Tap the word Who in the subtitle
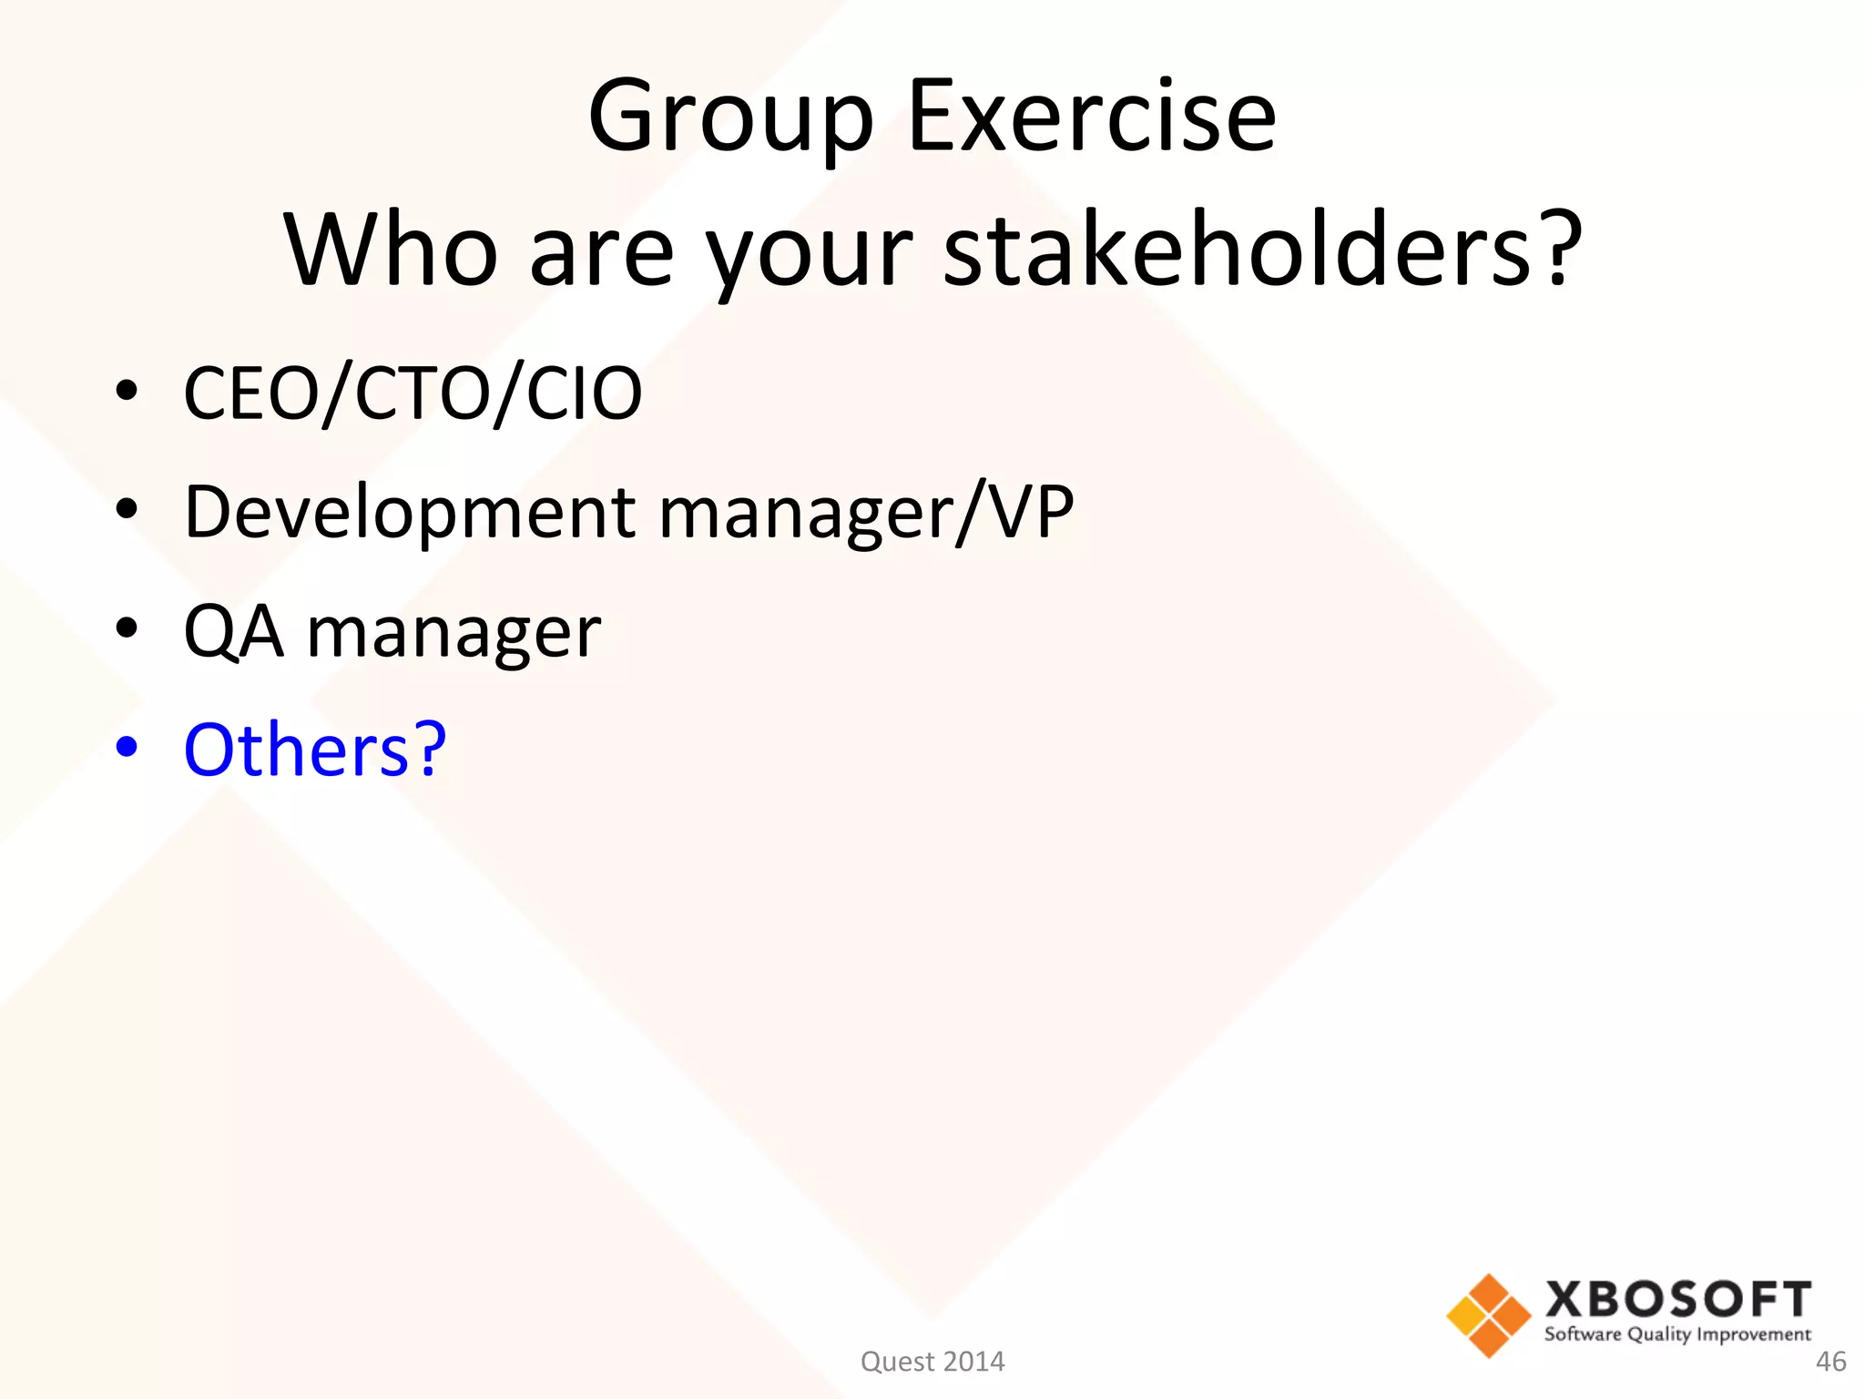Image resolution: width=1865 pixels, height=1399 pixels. click(x=391, y=250)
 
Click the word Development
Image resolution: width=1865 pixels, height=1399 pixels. click(x=410, y=512)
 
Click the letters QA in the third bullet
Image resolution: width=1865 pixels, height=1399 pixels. click(x=233, y=631)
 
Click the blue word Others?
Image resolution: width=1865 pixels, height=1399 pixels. click(x=314, y=750)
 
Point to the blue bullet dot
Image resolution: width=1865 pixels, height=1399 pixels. click(x=127, y=747)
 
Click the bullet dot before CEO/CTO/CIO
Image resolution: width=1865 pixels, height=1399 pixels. click(x=127, y=391)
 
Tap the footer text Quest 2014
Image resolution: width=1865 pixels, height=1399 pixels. click(x=932, y=1362)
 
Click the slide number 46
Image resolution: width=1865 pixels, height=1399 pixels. click(x=1830, y=1362)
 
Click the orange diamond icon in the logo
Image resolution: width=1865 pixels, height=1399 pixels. click(x=1488, y=1315)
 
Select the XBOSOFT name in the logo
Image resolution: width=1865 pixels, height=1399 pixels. click(x=1677, y=1300)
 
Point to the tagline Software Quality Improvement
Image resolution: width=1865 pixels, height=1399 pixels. click(x=1677, y=1334)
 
